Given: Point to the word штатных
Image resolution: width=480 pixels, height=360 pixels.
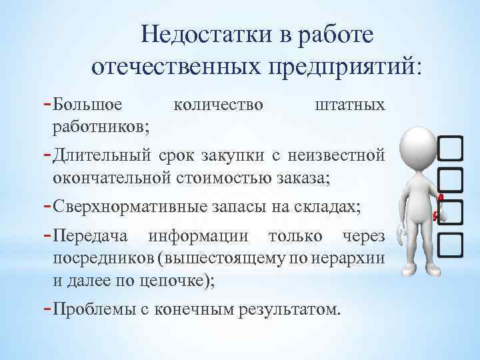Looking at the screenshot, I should [349, 105].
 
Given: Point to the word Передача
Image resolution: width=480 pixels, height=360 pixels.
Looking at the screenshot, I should [93, 237].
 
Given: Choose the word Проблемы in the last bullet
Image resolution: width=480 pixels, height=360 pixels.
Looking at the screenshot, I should [97, 309].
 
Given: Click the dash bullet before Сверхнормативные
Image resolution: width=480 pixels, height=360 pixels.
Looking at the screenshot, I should [47, 205].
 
